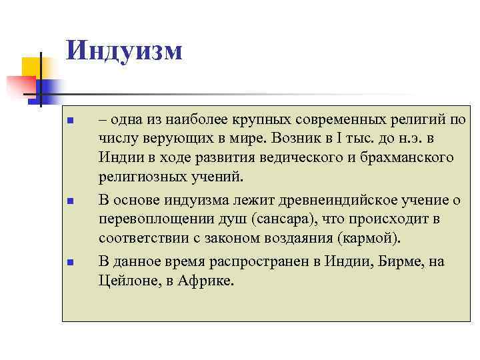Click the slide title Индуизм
(125, 50)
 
